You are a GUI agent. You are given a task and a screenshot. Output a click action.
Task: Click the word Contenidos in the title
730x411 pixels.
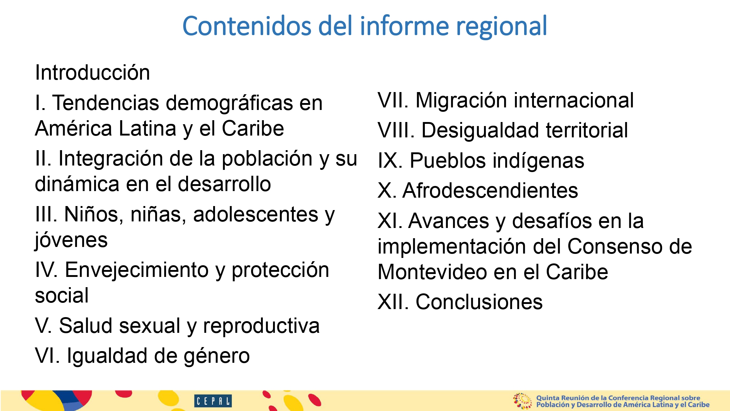pos(247,26)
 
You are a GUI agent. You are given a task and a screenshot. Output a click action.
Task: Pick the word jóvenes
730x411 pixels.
pos(71,240)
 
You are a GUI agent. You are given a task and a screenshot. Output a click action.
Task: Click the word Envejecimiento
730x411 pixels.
pos(137,270)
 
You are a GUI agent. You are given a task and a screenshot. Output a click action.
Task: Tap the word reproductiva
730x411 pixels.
pos(261,326)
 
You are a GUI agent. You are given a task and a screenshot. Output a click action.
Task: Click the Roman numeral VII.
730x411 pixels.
pos(393,100)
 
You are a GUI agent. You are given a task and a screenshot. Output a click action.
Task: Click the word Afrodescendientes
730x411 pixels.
pos(490,190)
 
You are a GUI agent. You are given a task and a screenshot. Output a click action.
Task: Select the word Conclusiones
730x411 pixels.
pos(479,302)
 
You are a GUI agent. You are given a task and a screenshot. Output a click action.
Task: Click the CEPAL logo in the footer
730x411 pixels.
pos(213,401)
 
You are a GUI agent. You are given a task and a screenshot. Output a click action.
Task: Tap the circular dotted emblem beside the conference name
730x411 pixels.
pos(522,401)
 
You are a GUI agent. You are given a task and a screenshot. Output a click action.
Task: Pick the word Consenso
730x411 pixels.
pos(615,247)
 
